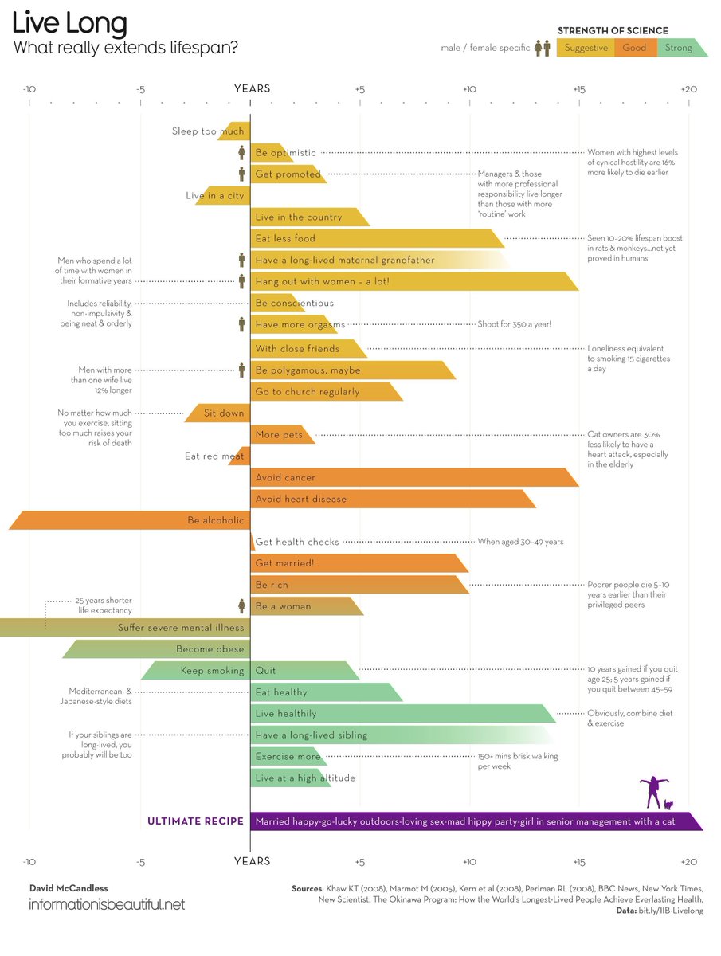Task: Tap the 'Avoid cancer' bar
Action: (413, 477)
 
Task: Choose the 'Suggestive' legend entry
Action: (586, 48)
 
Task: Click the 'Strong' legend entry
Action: (679, 48)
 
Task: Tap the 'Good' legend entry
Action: (634, 48)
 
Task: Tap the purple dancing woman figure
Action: (653, 791)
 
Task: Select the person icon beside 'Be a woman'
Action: (241, 606)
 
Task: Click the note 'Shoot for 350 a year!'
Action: (514, 324)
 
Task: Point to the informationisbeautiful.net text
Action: (106, 904)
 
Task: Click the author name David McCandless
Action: (68, 887)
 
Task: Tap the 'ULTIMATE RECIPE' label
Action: (195, 821)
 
